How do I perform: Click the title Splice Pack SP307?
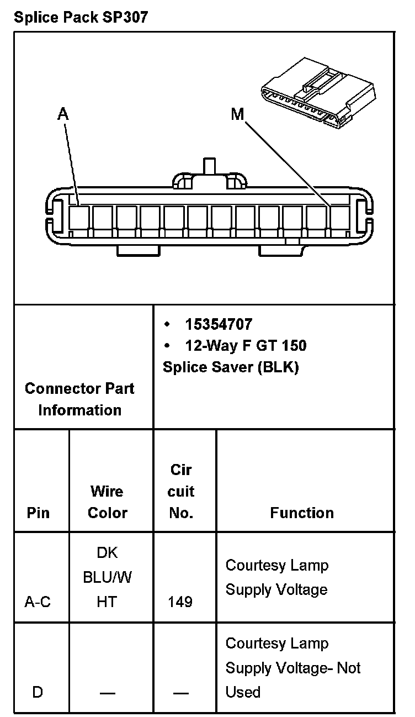coord(81,17)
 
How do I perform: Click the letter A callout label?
coord(63,114)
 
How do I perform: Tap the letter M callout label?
coord(237,114)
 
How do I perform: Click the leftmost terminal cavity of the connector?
coord(79,218)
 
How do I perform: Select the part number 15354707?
coord(219,324)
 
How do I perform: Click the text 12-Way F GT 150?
coord(246,346)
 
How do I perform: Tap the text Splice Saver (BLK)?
coord(231,367)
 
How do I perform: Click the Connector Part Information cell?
coord(79,399)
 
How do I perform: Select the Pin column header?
coord(38,513)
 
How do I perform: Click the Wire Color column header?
coord(108,502)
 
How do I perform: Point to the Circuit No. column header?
coord(182,491)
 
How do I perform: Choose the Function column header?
coord(302,513)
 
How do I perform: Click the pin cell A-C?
coord(38,602)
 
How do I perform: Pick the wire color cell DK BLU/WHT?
coord(108,577)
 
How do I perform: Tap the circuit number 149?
coord(180,602)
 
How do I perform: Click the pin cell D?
coord(38,692)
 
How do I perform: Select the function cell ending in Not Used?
coord(292,668)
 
